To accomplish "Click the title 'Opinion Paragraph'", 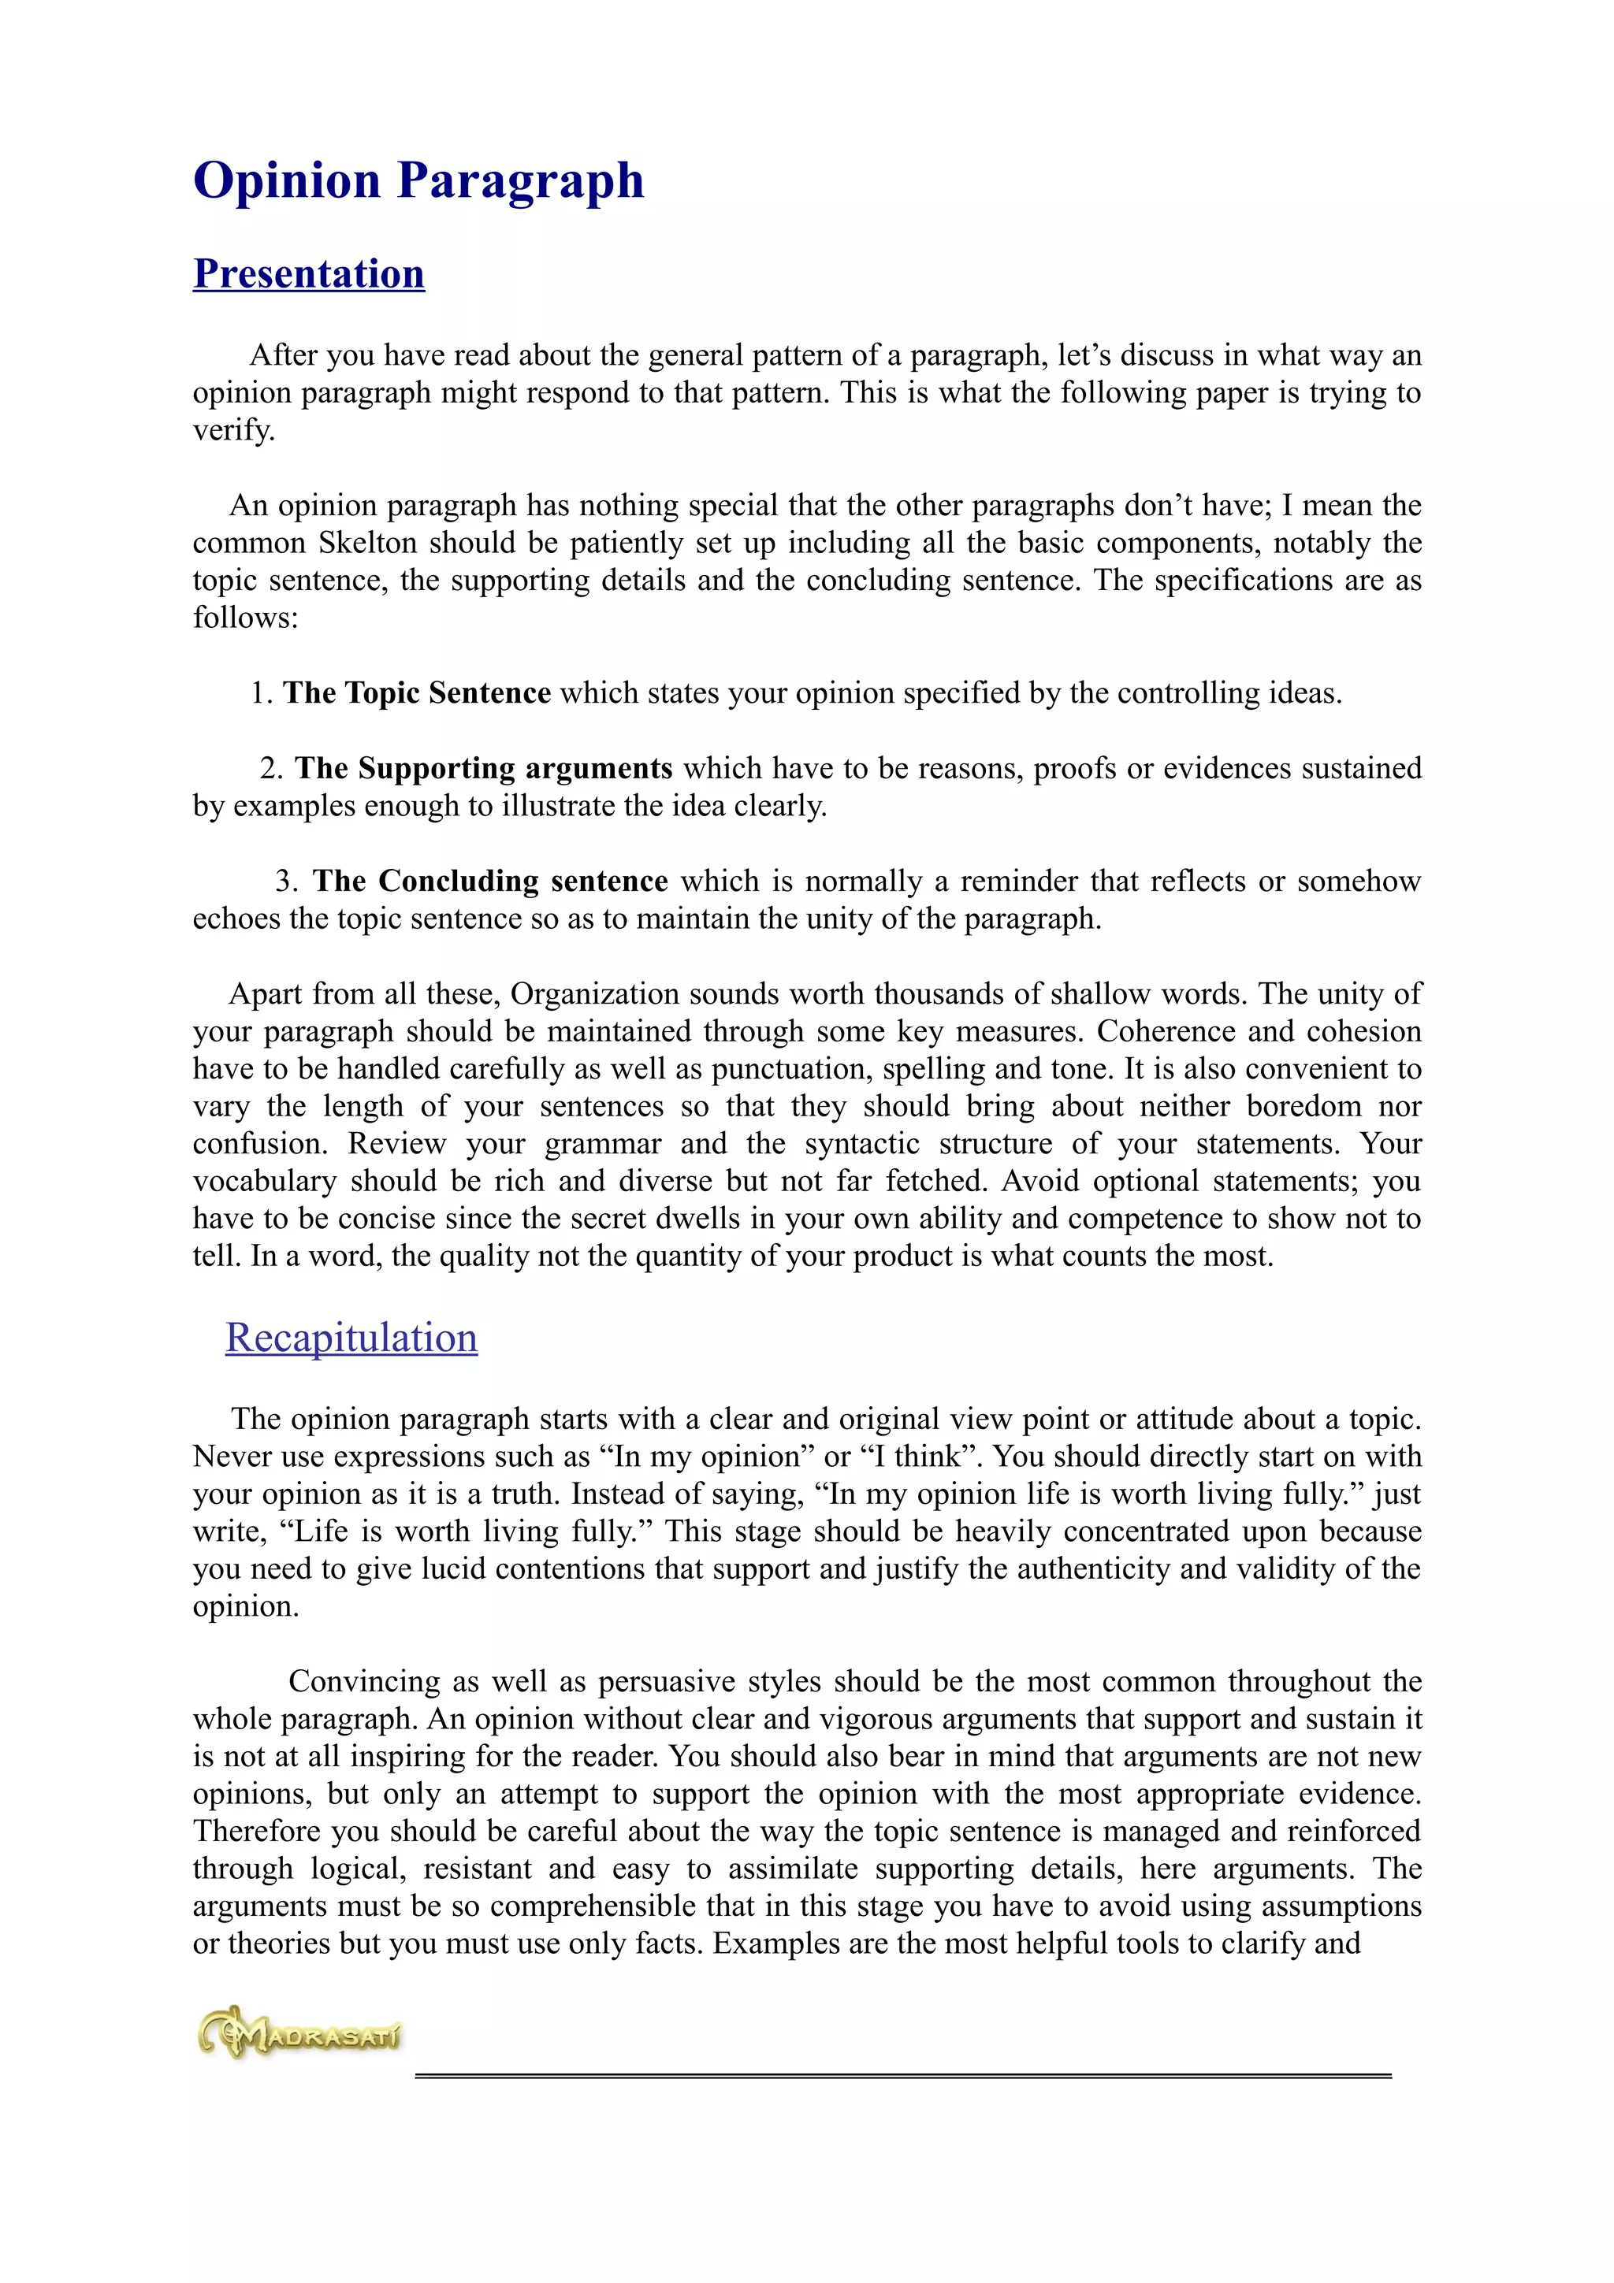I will click(x=418, y=181).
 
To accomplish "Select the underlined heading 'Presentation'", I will click(x=308, y=273).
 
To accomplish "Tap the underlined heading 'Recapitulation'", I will click(x=351, y=1338).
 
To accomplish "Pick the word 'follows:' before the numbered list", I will click(x=246, y=618).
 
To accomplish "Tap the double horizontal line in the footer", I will click(x=902, y=2076).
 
